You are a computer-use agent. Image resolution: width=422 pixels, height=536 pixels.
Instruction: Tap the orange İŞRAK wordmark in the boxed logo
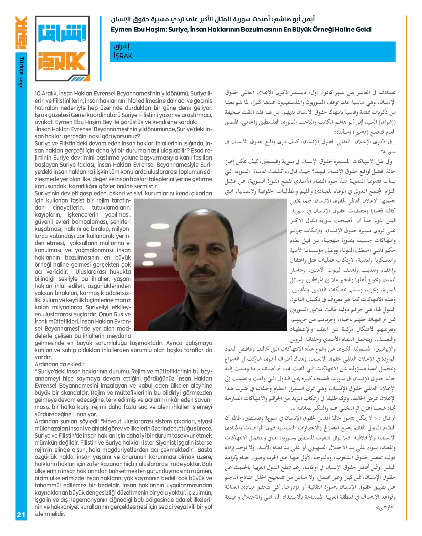click(62, 61)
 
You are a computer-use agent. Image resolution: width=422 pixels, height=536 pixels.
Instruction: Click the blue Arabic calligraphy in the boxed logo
click(62, 33)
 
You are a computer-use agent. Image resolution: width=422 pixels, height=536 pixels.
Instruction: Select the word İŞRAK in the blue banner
click(123, 56)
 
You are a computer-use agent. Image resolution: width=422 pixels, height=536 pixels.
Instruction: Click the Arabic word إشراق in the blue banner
click(122, 47)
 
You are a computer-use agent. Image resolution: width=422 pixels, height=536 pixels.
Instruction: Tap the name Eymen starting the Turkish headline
click(122, 29)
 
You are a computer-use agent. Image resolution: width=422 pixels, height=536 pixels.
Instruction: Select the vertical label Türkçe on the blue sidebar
click(21, 66)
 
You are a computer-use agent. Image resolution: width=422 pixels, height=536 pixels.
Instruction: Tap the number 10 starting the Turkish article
click(38, 93)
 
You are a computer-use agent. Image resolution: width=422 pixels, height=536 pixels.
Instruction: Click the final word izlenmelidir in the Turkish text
click(50, 514)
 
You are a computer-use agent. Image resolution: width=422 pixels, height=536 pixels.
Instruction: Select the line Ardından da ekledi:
click(59, 364)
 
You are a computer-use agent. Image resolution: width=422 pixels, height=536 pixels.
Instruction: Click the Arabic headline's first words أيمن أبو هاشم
click(294, 19)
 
